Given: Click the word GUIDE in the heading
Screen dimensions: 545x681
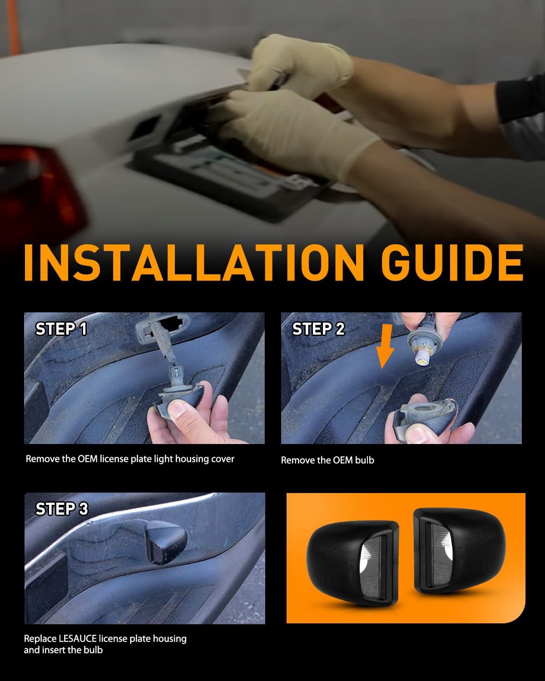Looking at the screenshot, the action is (452, 262).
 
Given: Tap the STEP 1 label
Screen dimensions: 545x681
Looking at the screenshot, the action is (61, 329).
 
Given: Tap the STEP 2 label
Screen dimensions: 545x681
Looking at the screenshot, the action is (318, 329).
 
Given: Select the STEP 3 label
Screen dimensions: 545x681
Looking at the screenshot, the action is (62, 509).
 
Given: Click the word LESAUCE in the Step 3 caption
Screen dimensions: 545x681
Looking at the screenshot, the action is (78, 639).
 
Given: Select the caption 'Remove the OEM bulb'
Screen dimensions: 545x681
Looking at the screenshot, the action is (327, 460).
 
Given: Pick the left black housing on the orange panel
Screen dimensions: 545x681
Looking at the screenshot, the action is (352, 563).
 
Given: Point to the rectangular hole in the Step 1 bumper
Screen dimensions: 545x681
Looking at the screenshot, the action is (171, 323).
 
